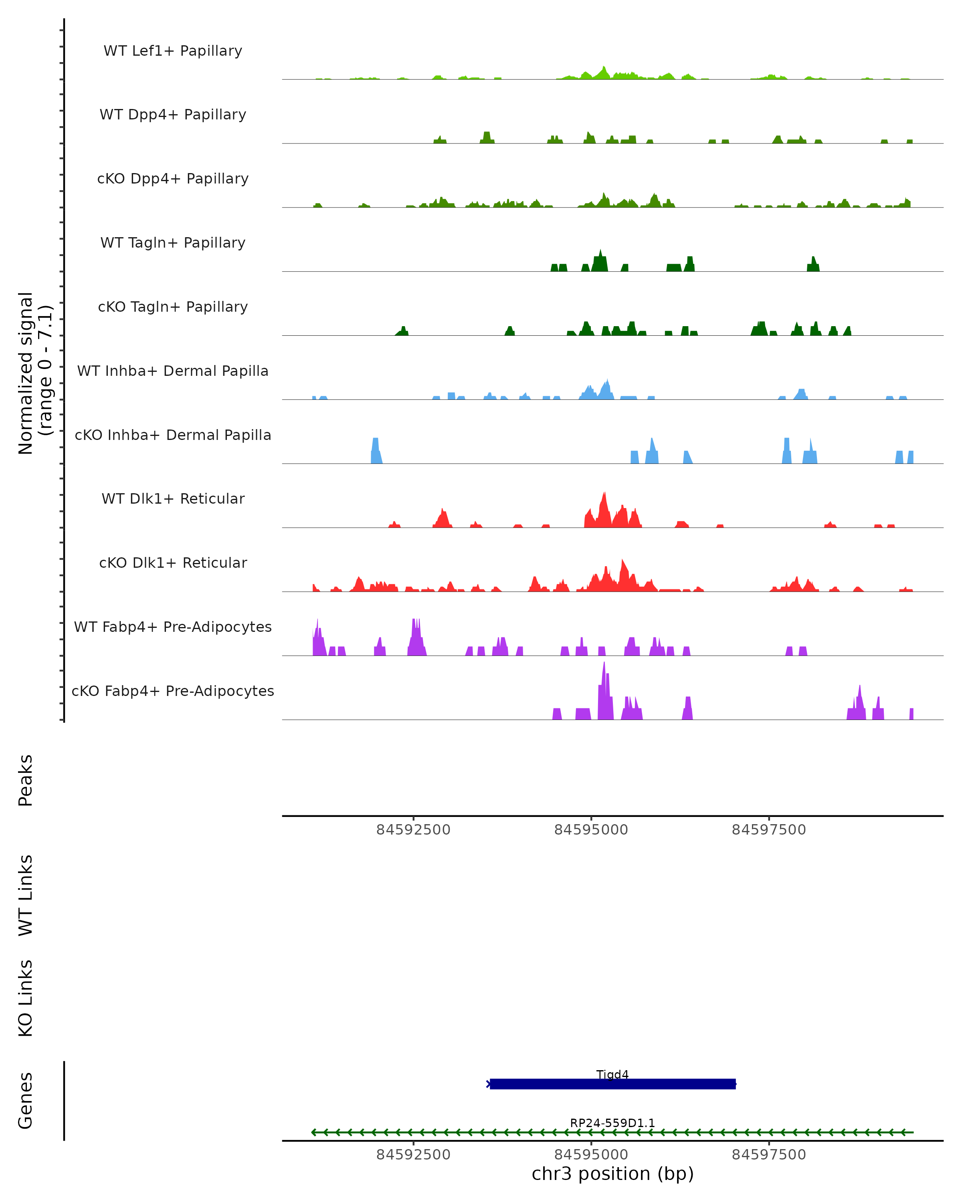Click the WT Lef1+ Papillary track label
(x=173, y=51)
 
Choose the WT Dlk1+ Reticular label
(x=173, y=498)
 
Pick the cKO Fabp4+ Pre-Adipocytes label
(x=173, y=691)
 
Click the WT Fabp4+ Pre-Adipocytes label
(x=173, y=627)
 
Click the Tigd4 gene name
(x=612, y=1074)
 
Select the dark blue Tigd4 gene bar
(x=612, y=1084)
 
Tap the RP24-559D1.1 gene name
(x=612, y=1123)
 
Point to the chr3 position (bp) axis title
(x=612, y=1174)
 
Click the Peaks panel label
(x=26, y=780)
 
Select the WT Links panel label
(x=26, y=895)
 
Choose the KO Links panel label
(x=26, y=998)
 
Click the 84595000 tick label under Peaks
(x=591, y=830)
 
